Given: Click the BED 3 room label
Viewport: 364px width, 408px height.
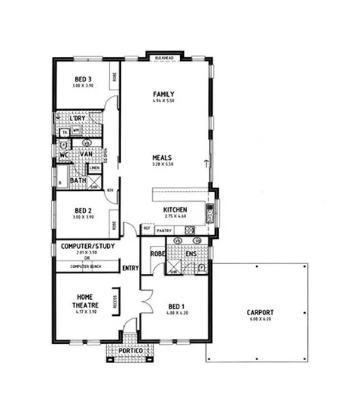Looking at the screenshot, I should [x=83, y=79].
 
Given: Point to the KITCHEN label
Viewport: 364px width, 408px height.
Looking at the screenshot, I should [x=175, y=211].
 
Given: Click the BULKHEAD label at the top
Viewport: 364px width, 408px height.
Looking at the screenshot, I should [x=164, y=57].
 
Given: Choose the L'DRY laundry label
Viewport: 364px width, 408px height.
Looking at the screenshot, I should [x=77, y=119].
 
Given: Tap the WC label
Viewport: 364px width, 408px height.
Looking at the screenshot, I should [x=64, y=155].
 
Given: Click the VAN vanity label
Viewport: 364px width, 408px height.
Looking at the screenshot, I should [x=85, y=154].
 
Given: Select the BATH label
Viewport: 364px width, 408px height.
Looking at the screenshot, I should [x=78, y=180].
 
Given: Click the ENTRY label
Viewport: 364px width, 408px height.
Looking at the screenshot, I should [x=130, y=267].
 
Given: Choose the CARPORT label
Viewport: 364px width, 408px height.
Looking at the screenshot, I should [x=260, y=312].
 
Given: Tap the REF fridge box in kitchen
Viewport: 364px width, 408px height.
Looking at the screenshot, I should [x=147, y=228].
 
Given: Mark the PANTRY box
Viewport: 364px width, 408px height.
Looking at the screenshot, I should [x=164, y=228].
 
